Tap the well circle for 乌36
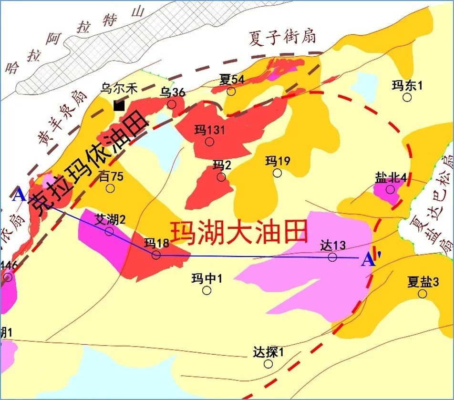[172, 104]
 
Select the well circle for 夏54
[231, 91]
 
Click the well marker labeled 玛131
[209, 142]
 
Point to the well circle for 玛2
[221, 177]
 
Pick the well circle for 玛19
[277, 173]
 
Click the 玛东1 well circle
[407, 97]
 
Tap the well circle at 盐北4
[390, 189]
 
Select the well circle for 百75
[110, 188]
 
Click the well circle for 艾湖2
[109, 232]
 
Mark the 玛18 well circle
[156, 255]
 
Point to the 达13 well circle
[332, 257]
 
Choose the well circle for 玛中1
[206, 290]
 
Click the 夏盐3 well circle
[423, 294]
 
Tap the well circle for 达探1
[268, 364]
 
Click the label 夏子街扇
[282, 37]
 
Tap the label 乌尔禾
[119, 88]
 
